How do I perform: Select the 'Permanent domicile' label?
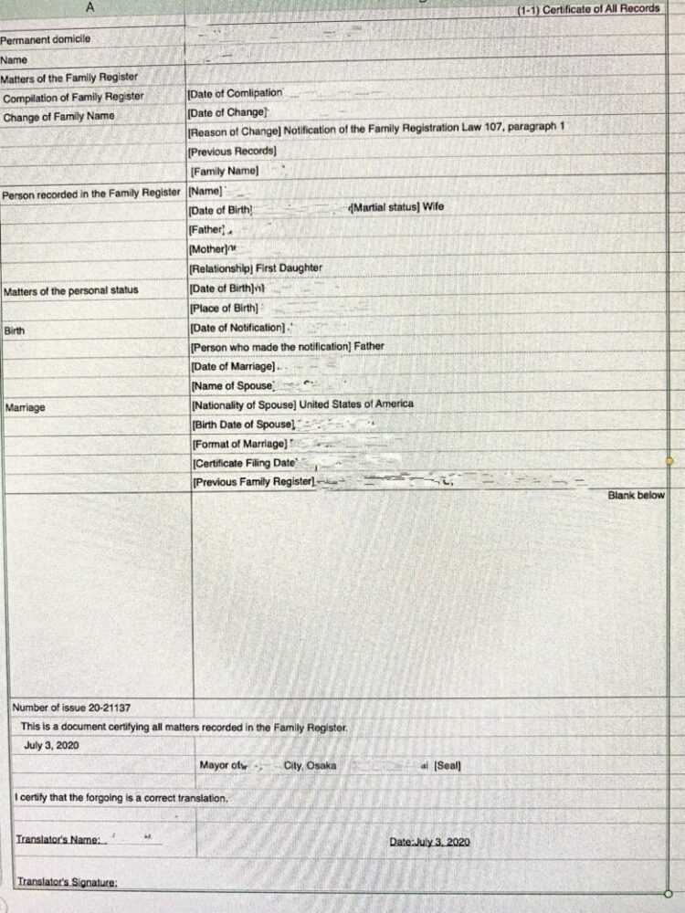point(45,39)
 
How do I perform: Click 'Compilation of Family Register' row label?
point(73,97)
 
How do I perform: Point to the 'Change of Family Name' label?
point(58,117)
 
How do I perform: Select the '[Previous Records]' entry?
point(232,151)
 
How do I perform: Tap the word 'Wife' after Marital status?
point(433,207)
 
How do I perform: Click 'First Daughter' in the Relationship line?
point(290,268)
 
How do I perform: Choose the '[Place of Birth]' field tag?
point(224,309)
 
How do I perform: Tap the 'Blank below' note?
point(637,495)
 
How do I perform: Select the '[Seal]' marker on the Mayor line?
point(447,765)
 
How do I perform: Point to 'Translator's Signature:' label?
point(67,882)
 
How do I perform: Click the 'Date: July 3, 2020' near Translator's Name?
point(429,841)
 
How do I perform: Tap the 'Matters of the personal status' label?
point(71,290)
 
